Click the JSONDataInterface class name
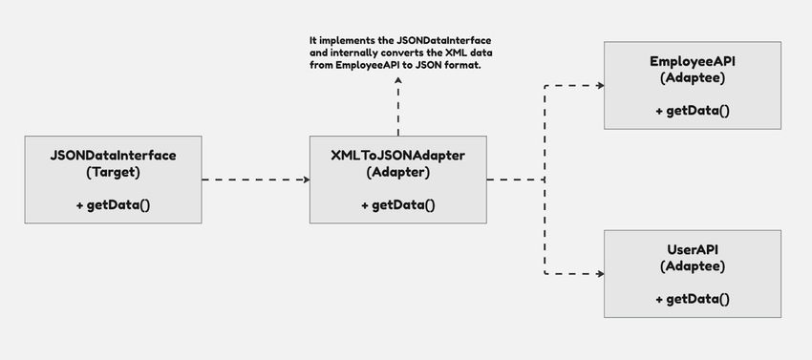[112, 154]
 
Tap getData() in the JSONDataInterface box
[112, 205]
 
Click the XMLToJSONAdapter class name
[398, 154]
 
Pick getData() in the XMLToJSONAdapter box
[398, 205]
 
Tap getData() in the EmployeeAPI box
[693, 111]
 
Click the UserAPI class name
[693, 249]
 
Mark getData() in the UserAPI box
[693, 300]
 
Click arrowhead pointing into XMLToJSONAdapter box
[306, 179]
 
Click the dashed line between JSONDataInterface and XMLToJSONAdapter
[253, 179]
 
